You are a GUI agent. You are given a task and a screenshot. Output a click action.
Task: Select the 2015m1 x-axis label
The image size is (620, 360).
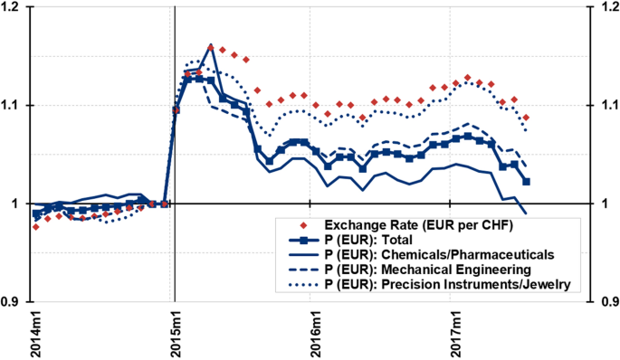click(175, 333)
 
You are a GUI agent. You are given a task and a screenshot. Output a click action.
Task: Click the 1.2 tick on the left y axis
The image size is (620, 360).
click(15, 7)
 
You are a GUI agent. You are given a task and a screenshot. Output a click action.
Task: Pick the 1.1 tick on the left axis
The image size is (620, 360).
click(15, 106)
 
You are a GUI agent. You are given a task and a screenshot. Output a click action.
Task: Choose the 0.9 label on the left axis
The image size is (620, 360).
click(15, 301)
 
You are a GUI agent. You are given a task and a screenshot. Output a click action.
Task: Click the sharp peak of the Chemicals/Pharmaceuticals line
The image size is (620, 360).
click(210, 44)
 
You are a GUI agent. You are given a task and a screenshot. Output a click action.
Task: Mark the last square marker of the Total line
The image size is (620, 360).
click(527, 182)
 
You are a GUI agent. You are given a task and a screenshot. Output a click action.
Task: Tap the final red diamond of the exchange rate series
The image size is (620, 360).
click(526, 118)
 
